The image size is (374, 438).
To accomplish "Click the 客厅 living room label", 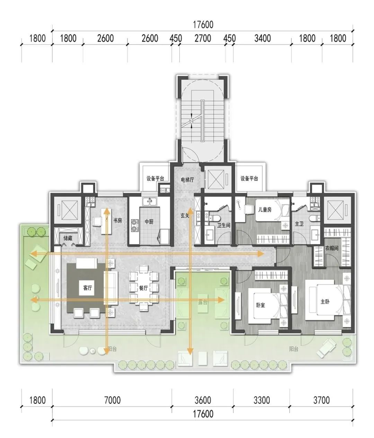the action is [88, 288].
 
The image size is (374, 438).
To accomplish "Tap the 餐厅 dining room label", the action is [143, 288].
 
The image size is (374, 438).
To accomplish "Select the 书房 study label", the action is [117, 220].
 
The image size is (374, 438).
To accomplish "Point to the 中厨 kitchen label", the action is [149, 222].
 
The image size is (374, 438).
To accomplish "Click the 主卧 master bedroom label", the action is [325, 301].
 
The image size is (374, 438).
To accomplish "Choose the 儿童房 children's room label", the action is [265, 210].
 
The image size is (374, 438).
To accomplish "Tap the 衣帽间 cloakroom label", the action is [332, 248].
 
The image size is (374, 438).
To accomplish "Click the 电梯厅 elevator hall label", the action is [187, 180].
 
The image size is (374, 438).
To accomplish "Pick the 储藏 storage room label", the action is [68, 238].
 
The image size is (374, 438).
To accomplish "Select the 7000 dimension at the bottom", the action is [113, 400].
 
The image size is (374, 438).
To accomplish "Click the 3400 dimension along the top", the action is [262, 38].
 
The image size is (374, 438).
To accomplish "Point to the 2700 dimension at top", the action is [203, 38].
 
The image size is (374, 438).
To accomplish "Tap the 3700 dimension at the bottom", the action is [321, 400].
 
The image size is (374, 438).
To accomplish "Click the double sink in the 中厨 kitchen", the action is [150, 201].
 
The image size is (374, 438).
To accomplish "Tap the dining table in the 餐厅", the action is [143, 288].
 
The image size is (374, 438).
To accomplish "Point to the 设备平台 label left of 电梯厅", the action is [155, 178].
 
